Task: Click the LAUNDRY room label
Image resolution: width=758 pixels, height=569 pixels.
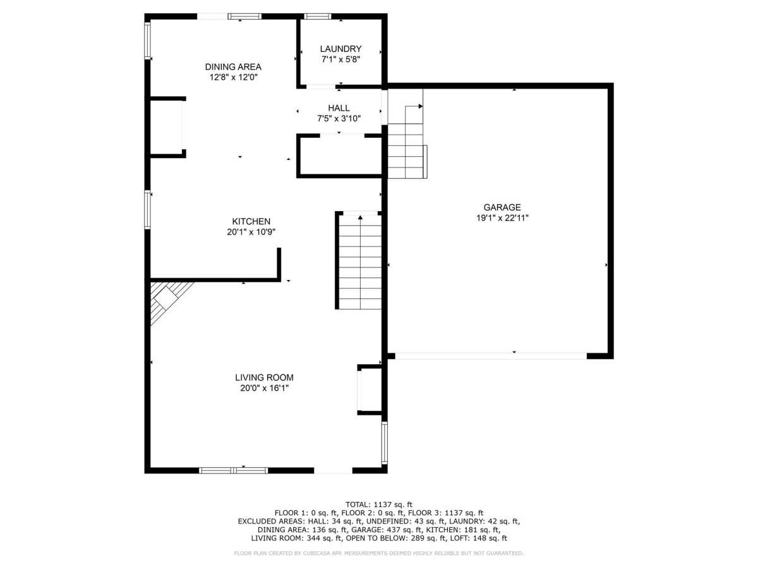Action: pyautogui.click(x=340, y=49)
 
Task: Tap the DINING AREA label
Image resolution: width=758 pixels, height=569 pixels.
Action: pyautogui.click(x=233, y=66)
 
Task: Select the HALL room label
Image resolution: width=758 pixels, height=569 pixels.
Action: pyautogui.click(x=339, y=107)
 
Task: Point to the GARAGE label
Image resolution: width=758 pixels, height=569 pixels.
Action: pyautogui.click(x=502, y=207)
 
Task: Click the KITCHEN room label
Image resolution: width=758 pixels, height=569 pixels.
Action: pyautogui.click(x=251, y=221)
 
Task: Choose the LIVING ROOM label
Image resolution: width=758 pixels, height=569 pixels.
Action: pyautogui.click(x=264, y=377)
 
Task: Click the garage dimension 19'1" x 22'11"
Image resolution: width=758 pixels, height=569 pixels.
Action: pyautogui.click(x=502, y=218)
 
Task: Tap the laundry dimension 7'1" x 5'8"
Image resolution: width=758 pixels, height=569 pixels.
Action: pyautogui.click(x=341, y=59)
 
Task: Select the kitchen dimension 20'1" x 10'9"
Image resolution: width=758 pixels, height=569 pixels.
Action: pyautogui.click(x=251, y=232)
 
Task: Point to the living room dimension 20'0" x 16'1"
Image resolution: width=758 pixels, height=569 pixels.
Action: pyautogui.click(x=265, y=388)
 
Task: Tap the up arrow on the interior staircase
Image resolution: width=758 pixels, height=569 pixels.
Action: pyautogui.click(x=360, y=217)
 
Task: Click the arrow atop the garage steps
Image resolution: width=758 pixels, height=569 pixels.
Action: pyautogui.click(x=420, y=106)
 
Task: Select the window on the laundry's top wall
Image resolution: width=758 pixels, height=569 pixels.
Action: pyautogui.click(x=317, y=16)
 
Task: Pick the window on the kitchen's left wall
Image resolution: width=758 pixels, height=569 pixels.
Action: pyautogui.click(x=148, y=209)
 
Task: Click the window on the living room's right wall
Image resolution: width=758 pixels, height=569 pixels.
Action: pyautogui.click(x=384, y=443)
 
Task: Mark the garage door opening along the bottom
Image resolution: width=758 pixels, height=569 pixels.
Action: pyautogui.click(x=491, y=356)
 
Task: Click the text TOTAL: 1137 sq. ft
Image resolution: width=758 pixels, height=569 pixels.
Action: pyautogui.click(x=379, y=505)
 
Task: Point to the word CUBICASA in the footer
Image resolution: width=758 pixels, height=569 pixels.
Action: pyautogui.click(x=310, y=553)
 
